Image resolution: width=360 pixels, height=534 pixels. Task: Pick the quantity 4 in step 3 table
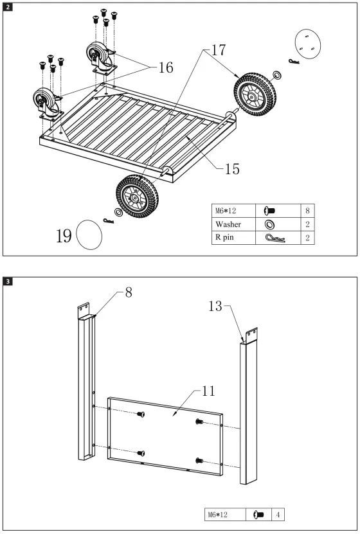277,514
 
